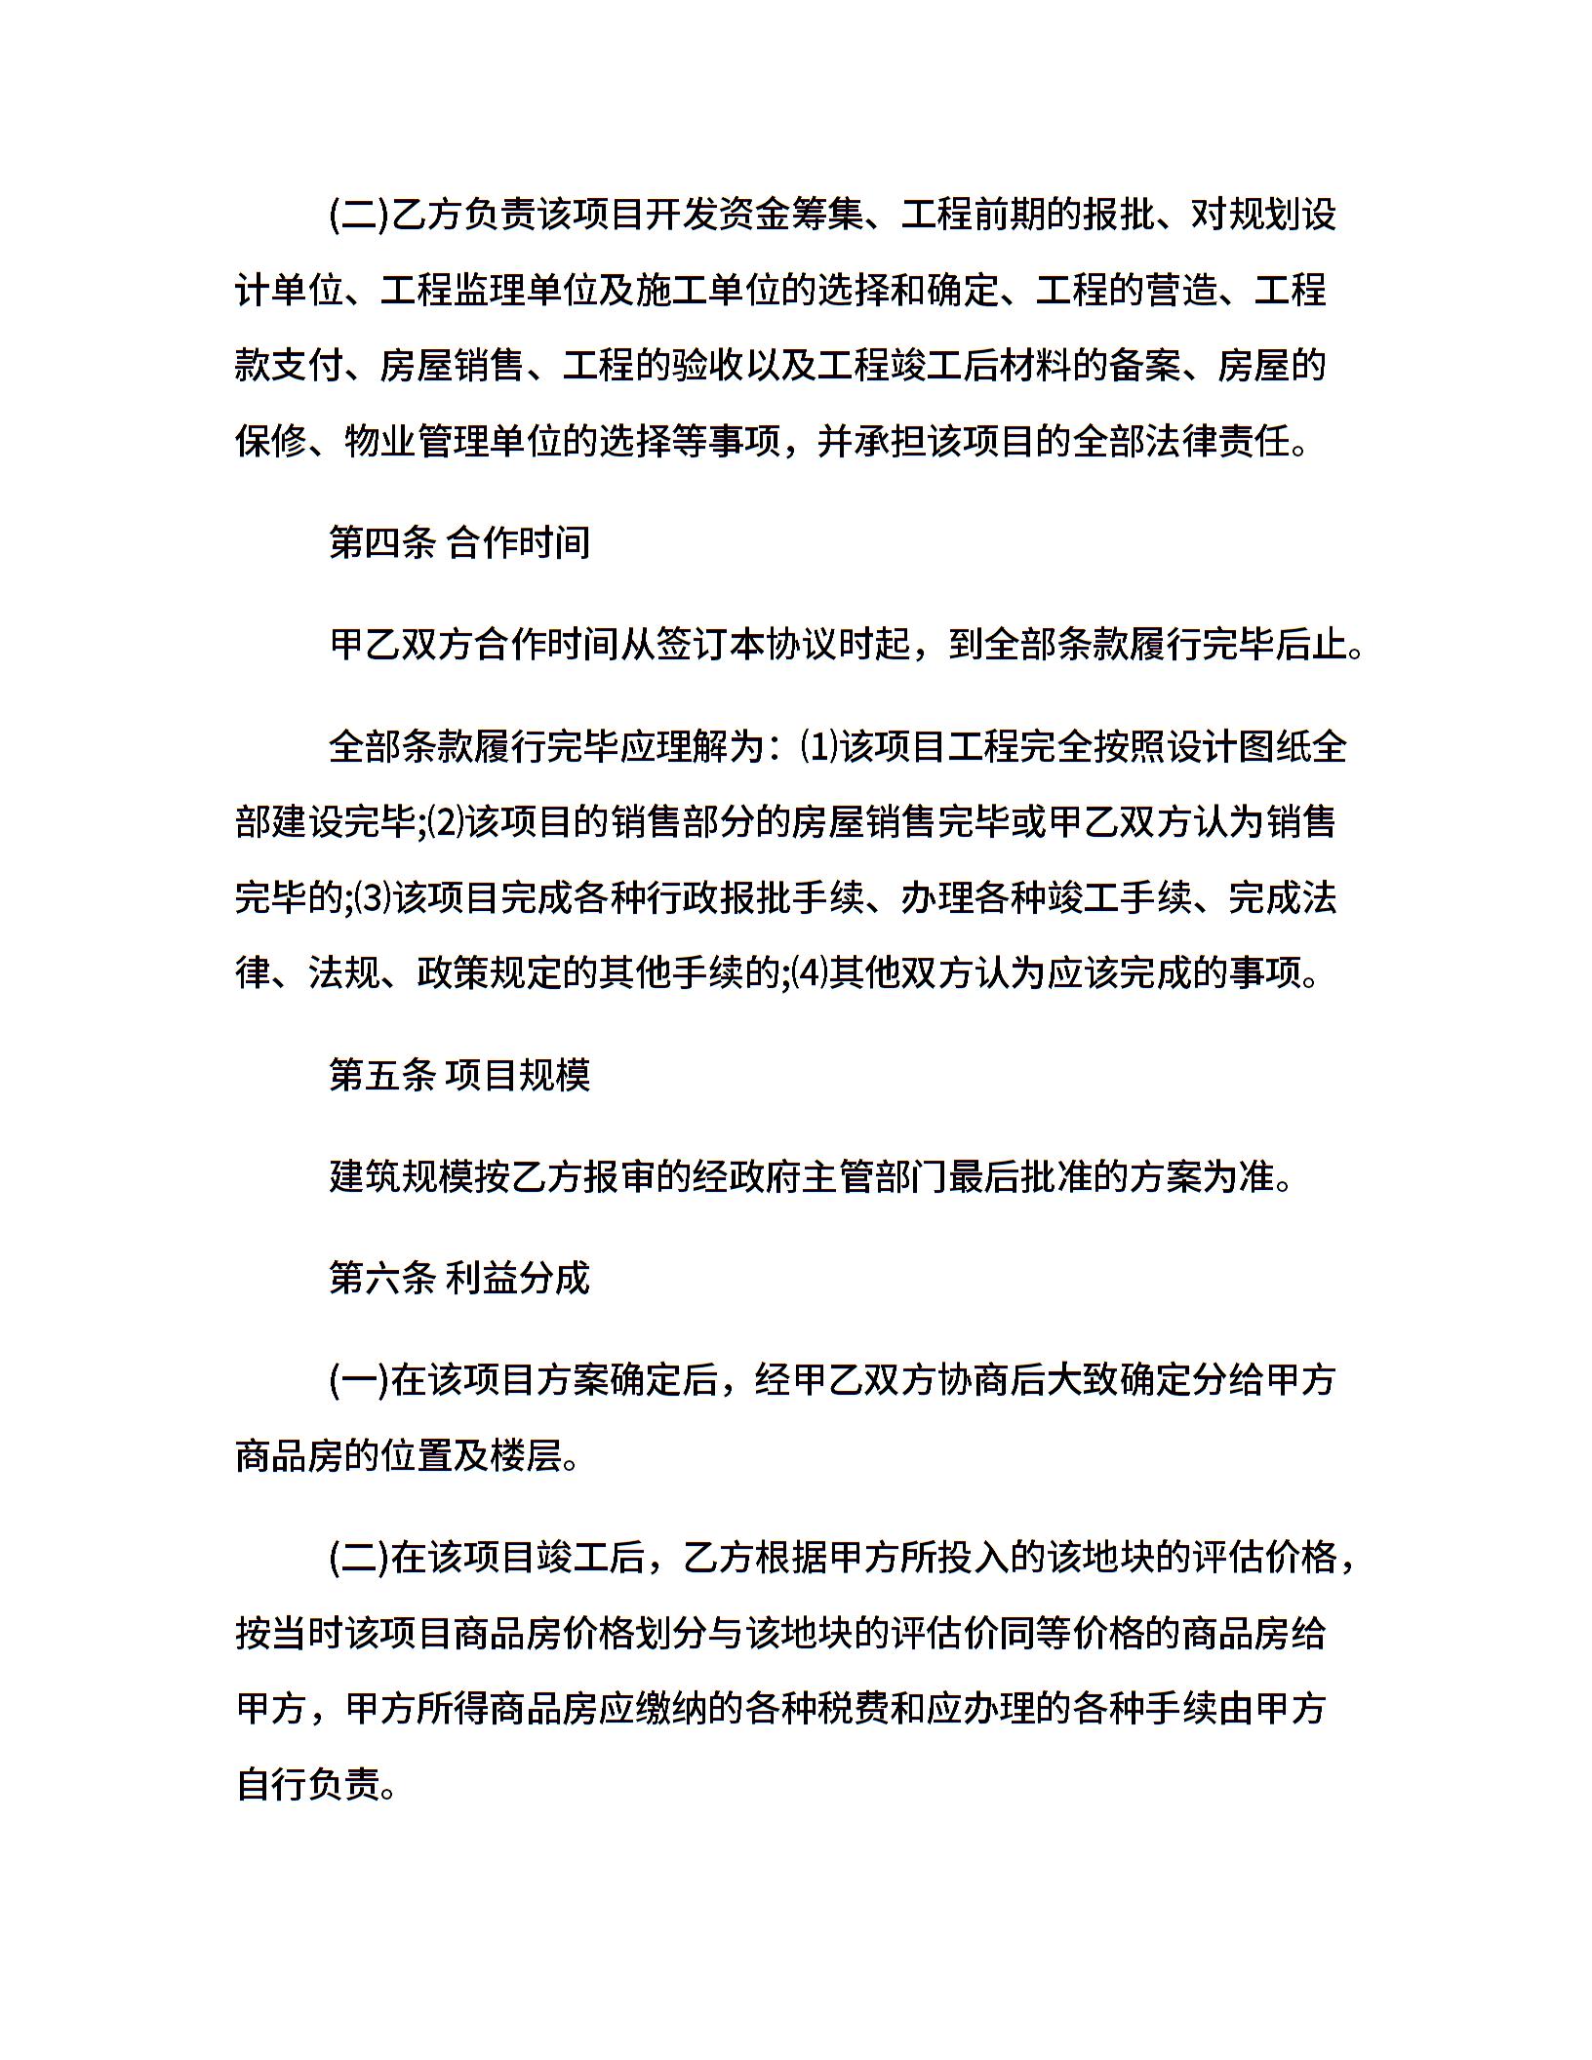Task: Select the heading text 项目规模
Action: (x=518, y=1075)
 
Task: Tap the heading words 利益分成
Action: (x=518, y=1277)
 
